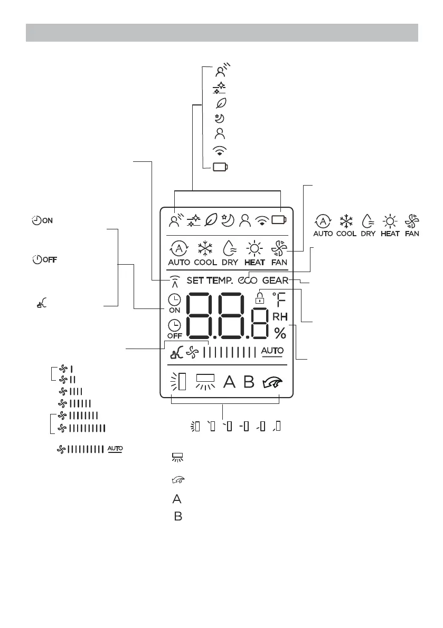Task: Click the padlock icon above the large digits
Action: (x=259, y=297)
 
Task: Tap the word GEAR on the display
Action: (x=275, y=281)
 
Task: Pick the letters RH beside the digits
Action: (x=279, y=316)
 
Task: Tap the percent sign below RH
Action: (x=280, y=333)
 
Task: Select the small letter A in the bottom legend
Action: (x=177, y=499)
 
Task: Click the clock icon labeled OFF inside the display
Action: (x=174, y=326)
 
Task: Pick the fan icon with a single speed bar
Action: (x=64, y=369)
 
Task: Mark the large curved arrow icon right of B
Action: (x=272, y=382)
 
